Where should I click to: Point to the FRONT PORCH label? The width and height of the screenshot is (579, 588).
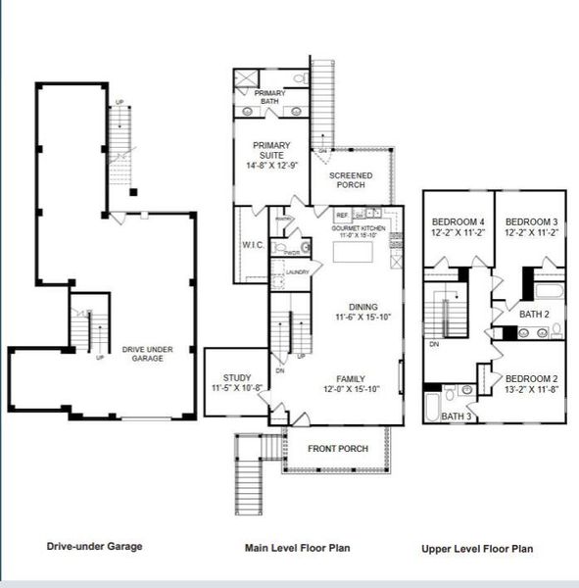click(338, 449)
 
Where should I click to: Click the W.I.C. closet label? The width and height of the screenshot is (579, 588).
click(249, 245)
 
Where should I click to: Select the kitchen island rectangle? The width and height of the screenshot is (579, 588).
click(353, 254)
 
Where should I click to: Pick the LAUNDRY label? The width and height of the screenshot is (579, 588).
click(298, 272)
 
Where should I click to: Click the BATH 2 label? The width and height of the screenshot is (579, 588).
click(534, 315)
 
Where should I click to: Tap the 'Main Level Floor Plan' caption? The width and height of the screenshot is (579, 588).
click(297, 548)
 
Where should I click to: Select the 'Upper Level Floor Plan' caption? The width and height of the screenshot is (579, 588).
click(477, 549)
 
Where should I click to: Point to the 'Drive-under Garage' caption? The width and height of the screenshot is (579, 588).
click(94, 546)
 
